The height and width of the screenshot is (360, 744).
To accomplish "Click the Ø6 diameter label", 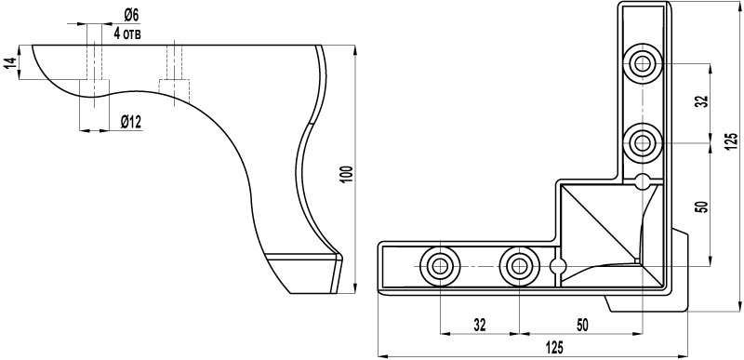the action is (131, 16).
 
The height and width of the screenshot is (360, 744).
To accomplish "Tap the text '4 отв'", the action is (127, 33).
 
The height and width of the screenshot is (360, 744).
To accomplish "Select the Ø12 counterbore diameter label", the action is (131, 123).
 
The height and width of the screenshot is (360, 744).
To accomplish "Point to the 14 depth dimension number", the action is (10, 62).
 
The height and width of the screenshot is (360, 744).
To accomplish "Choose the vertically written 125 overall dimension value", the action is (732, 141).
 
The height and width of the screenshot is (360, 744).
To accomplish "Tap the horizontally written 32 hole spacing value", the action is (480, 325).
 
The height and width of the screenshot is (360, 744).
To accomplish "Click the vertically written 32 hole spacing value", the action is (703, 101).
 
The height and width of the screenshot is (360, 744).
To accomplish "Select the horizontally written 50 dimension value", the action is (582, 325).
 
